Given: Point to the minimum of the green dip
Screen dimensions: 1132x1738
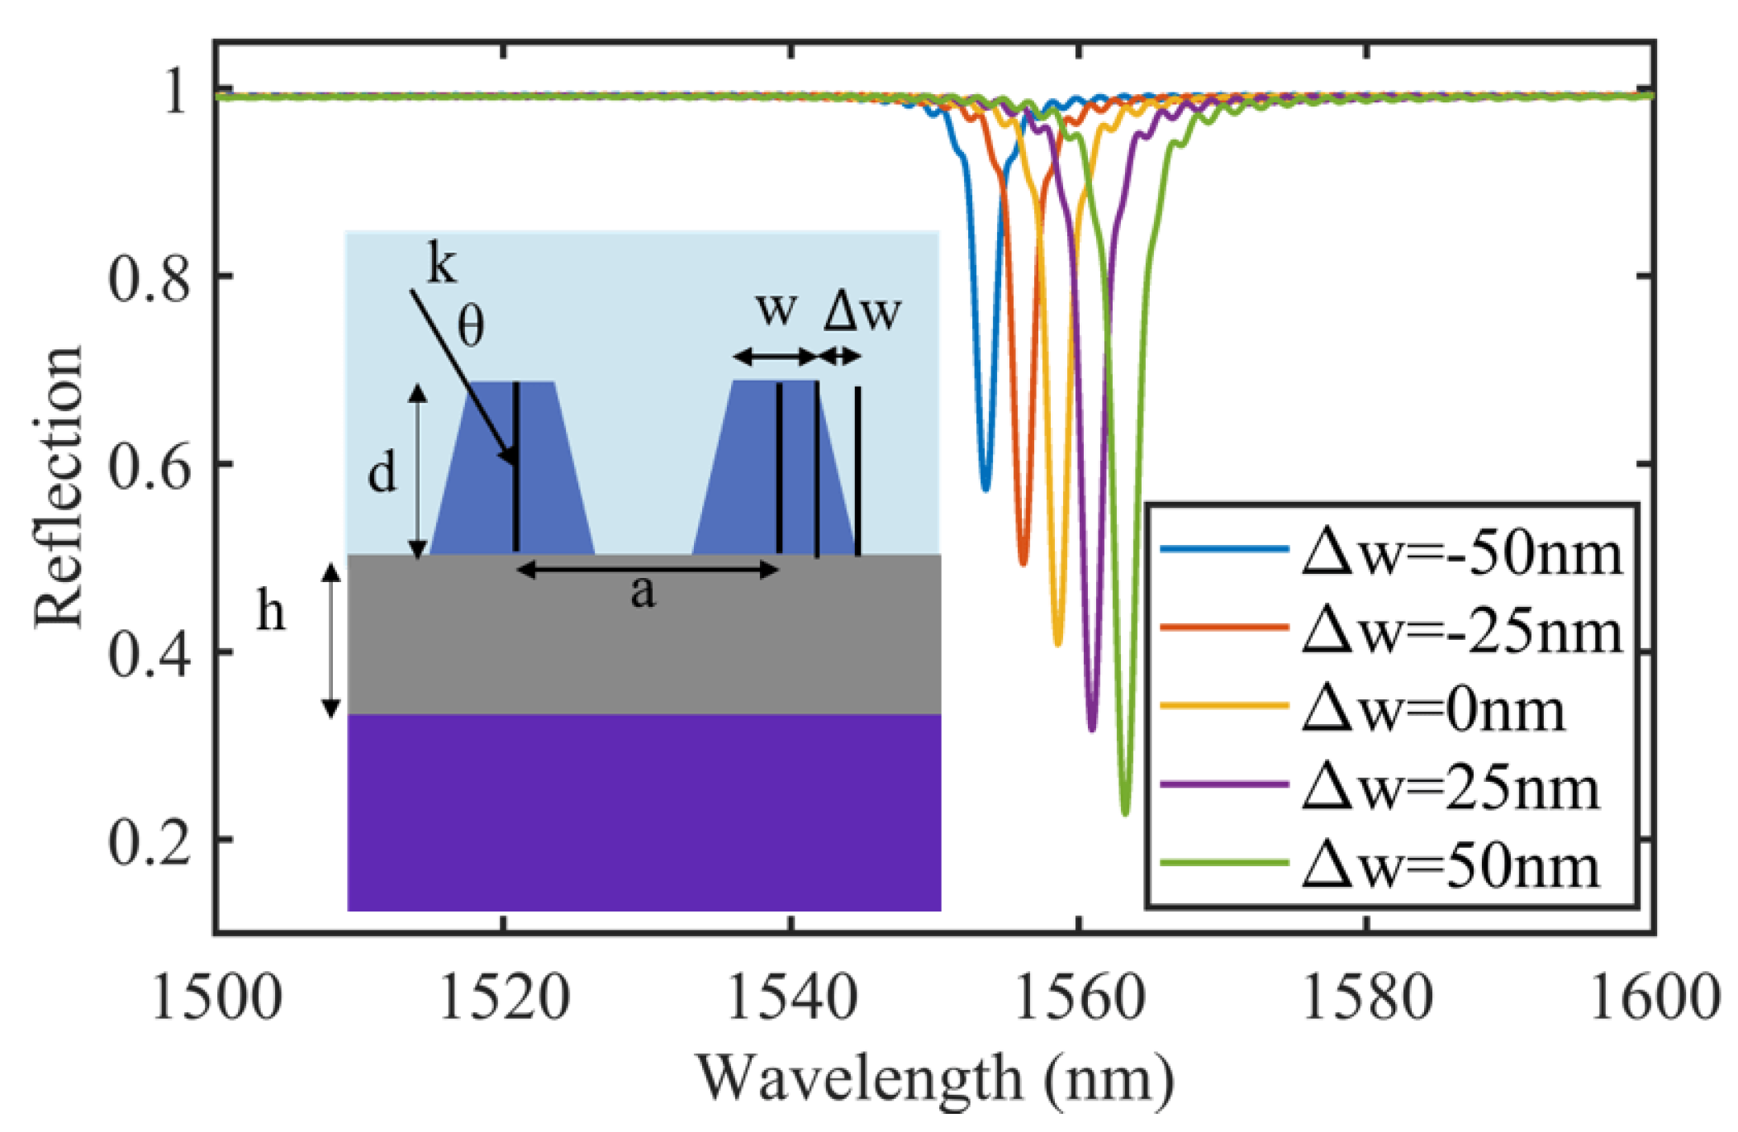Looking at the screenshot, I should point(1125,813).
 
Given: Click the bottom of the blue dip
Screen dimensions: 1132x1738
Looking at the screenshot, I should point(985,489).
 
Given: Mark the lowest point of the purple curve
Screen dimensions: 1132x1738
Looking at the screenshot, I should point(1092,729).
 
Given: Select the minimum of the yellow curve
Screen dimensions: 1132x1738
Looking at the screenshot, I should point(1058,643).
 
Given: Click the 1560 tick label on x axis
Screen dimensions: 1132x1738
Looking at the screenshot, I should point(1079,998).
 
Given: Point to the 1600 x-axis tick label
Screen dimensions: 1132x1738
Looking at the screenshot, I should point(1654,998).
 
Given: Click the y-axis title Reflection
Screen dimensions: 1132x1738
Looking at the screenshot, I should point(59,487).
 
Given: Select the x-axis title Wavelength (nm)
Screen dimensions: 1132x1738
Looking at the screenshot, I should point(934,1078).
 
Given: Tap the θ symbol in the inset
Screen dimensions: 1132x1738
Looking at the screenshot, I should point(471,327).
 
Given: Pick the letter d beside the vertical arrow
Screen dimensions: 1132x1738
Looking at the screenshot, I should point(382,474).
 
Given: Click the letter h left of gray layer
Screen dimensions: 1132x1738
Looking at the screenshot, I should point(271,612).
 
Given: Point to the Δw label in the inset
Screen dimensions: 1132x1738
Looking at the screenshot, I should point(862,312).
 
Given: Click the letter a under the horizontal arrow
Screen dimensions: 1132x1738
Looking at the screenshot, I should point(643,591).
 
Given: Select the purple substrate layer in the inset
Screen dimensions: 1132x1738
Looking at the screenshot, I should point(644,812).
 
